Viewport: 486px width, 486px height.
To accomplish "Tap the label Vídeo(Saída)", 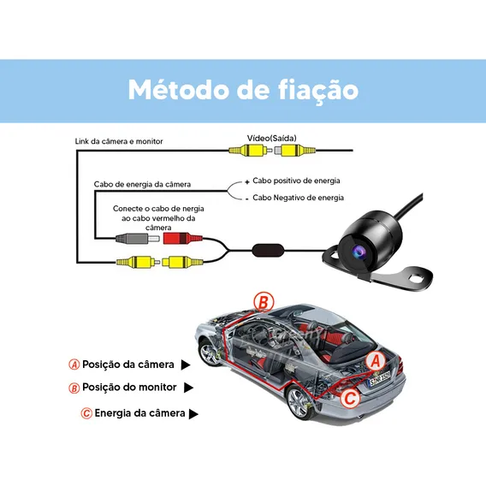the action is (x=271, y=139).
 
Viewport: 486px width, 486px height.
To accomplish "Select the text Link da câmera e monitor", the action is (x=119, y=141).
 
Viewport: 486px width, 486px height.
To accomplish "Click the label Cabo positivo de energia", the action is (x=296, y=181).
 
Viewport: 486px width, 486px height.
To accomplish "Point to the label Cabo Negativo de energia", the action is (x=298, y=198).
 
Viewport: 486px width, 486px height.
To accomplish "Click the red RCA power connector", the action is (x=183, y=239).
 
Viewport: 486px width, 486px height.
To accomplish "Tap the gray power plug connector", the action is (x=137, y=239).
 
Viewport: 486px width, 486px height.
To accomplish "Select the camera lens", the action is (x=359, y=252).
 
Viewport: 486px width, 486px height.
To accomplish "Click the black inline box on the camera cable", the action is (x=268, y=250).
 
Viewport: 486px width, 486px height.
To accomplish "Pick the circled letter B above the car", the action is (x=264, y=302).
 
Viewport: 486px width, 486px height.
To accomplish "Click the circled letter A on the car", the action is (x=376, y=361).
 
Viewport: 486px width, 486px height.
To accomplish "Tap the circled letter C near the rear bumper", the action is (x=350, y=398).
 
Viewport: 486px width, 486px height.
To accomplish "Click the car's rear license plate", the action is (x=379, y=380).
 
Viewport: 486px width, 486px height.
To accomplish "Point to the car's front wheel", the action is (x=209, y=353).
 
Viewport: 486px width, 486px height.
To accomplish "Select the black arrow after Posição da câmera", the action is (x=186, y=364).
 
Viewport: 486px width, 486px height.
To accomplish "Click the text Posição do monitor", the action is (x=129, y=387).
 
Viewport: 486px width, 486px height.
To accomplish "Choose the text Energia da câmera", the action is (x=139, y=413).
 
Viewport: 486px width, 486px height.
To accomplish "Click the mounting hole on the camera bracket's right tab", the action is (x=417, y=276).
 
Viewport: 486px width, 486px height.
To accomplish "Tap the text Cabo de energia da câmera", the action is (x=142, y=185).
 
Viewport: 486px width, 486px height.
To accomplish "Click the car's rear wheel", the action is (x=299, y=404).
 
